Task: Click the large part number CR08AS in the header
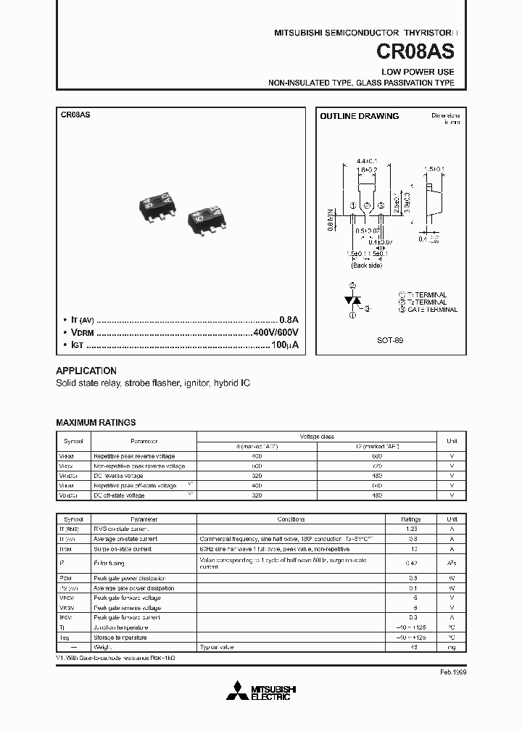pos(416,52)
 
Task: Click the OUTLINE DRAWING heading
pos(360,116)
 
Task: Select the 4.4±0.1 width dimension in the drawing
pos(367,160)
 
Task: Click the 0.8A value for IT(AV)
pos(289,320)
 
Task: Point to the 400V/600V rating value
pos(275,333)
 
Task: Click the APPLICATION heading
pos(86,370)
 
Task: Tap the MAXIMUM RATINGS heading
pos(96,422)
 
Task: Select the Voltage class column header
pos(317,436)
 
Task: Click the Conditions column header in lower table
pos(291,519)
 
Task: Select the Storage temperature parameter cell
pos(120,637)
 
